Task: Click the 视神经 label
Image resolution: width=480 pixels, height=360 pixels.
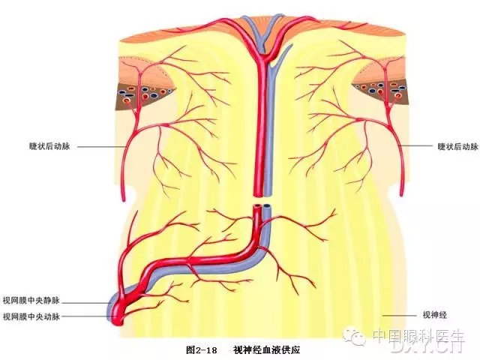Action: (433, 316)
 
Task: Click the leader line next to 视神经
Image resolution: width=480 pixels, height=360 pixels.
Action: (399, 316)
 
